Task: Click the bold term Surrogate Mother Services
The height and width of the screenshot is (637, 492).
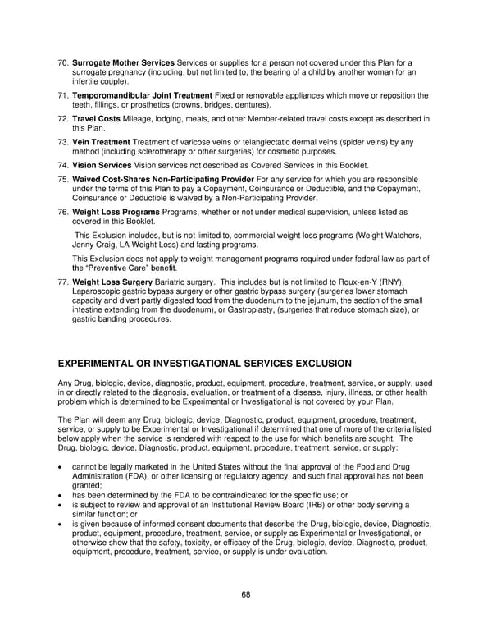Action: click(x=123, y=62)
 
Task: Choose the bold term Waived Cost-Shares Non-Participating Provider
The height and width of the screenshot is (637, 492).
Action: click(x=163, y=179)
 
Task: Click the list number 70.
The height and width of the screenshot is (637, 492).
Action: click(x=62, y=62)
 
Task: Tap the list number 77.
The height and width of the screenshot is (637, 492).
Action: click(x=62, y=282)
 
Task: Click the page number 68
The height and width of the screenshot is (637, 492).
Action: click(x=246, y=594)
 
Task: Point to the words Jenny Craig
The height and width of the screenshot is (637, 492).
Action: click(x=94, y=245)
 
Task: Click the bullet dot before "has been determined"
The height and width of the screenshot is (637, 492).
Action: click(x=62, y=495)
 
